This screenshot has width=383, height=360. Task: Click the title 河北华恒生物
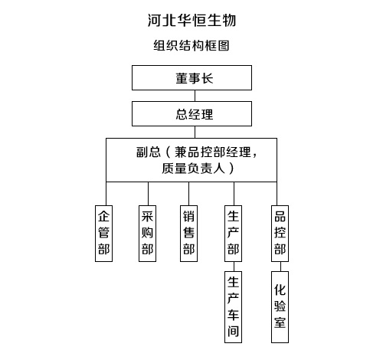(191, 20)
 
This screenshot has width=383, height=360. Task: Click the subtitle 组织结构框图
(191, 46)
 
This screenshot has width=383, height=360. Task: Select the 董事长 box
(191, 77)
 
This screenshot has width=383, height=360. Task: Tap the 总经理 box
(191, 113)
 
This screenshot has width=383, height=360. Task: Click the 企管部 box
(103, 234)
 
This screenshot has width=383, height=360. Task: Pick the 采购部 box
(147, 234)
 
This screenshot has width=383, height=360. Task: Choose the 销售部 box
(188, 234)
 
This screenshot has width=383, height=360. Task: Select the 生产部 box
(233, 234)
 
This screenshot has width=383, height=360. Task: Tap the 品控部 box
(280, 234)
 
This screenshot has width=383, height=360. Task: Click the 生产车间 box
(233, 307)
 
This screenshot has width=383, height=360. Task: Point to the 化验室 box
(280, 307)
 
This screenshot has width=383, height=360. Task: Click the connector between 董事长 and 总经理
(195, 96)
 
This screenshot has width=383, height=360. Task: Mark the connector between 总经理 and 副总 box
(195, 132)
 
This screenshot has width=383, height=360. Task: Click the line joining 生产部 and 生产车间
(234, 267)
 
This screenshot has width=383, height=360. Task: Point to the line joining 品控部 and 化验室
(280, 267)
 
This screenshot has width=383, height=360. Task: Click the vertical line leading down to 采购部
(148, 194)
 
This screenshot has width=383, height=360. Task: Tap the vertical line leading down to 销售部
(188, 194)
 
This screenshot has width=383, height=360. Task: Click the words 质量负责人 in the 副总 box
(193, 169)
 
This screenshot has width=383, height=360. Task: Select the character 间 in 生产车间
(233, 331)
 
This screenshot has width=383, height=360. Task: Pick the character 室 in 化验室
(280, 322)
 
